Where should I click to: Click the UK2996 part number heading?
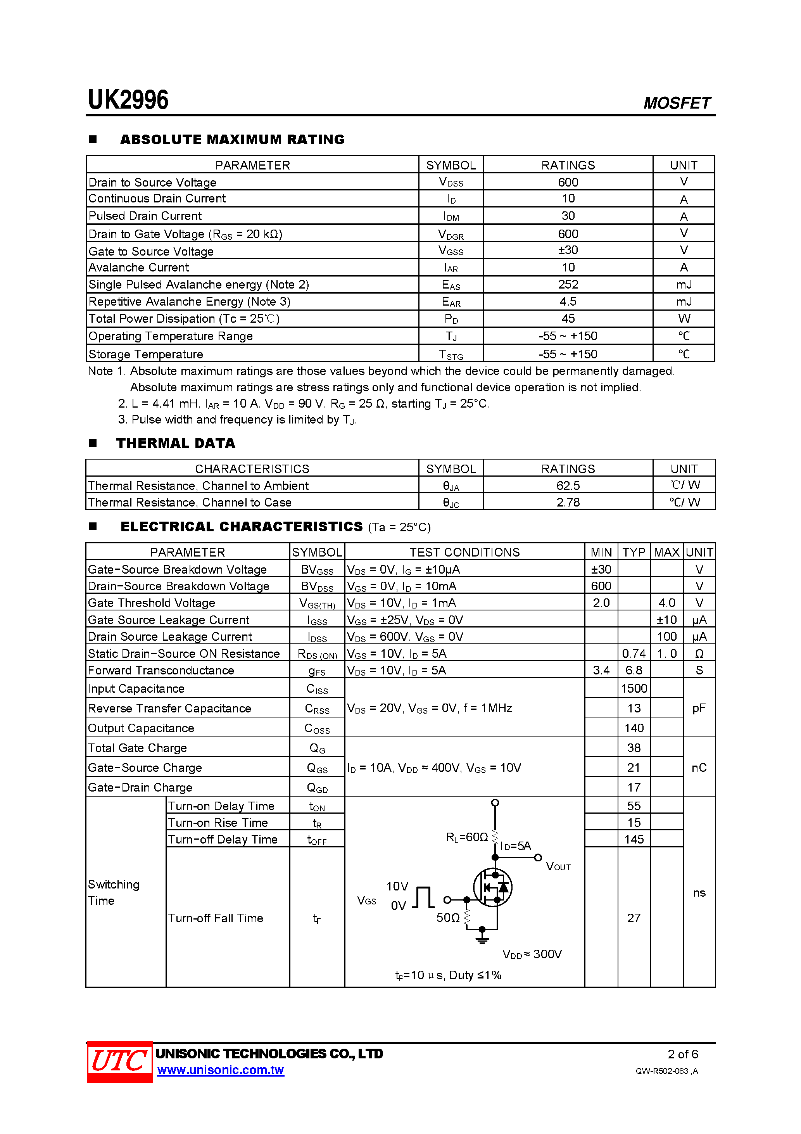point(128,100)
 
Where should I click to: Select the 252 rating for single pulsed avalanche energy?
point(568,285)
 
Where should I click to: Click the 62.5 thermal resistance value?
point(568,486)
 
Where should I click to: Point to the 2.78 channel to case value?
point(568,502)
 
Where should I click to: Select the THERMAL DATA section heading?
point(176,443)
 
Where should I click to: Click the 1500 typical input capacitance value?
point(634,688)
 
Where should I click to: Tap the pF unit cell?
point(699,708)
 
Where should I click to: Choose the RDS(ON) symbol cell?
point(317,654)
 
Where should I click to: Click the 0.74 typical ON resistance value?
point(634,654)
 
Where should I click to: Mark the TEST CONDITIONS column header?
point(464,552)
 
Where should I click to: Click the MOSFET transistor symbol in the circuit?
point(493,888)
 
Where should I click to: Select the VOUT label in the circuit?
point(558,866)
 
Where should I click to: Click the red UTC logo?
point(119,1061)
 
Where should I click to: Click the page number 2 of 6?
point(682,1054)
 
